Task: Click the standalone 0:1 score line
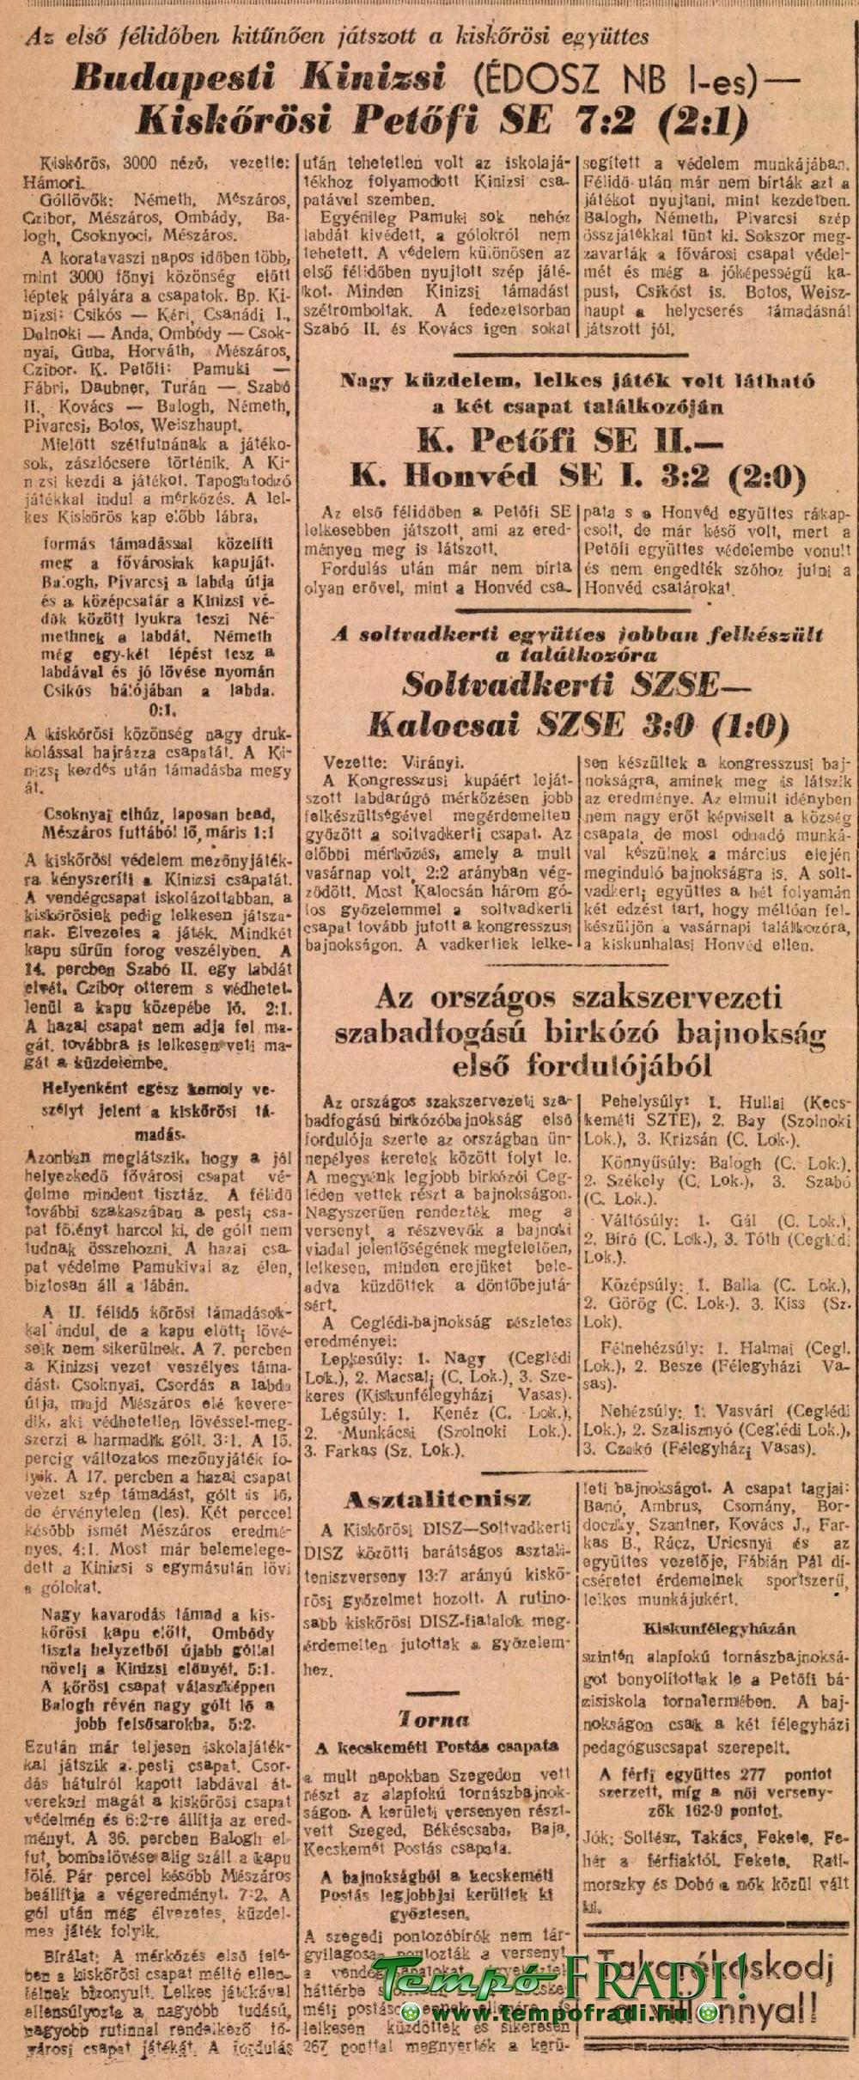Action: point(161,711)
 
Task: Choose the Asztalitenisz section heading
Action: point(437,1475)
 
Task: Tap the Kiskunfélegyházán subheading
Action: point(718,1628)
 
